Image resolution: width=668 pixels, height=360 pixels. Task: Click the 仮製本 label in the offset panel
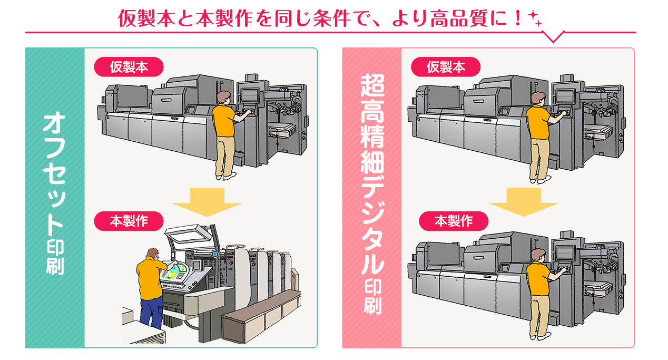click(129, 67)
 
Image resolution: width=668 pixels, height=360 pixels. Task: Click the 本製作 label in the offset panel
click(129, 221)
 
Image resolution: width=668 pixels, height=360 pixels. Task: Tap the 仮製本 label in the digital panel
click(446, 67)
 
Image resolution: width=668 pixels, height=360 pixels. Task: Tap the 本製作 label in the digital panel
click(454, 221)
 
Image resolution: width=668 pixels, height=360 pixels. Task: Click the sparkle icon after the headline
click(535, 19)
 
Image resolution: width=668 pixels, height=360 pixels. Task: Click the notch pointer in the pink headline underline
click(553, 37)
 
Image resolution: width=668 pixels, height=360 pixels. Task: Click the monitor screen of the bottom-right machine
click(564, 252)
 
